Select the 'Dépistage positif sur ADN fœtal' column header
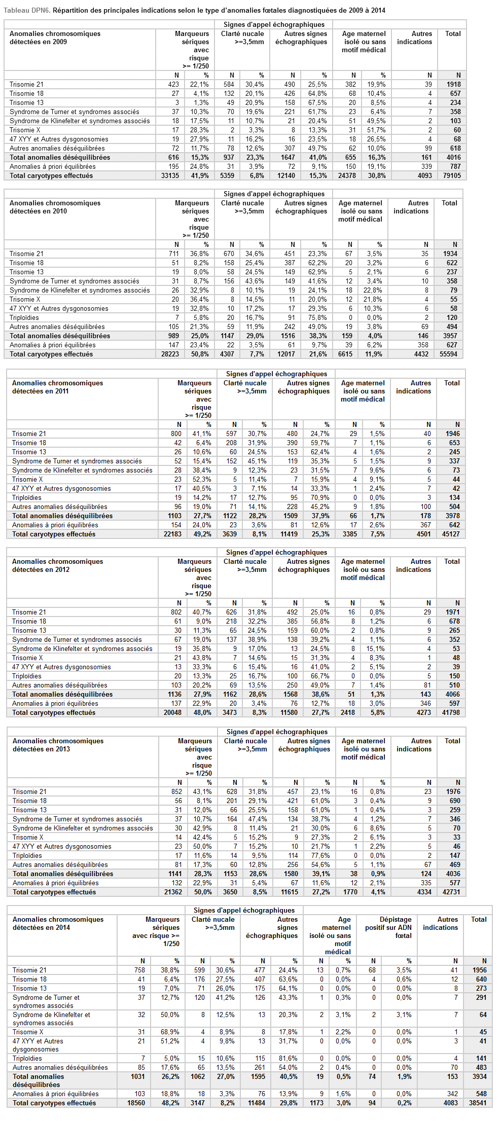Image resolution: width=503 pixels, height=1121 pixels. pos(388,927)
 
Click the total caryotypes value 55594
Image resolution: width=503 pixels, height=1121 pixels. pos(448,354)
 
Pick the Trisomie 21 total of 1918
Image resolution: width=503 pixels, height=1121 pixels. pos(454,85)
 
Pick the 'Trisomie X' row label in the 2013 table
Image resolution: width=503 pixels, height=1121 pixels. pos(28,838)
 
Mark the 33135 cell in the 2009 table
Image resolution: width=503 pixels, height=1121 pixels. pos(170,176)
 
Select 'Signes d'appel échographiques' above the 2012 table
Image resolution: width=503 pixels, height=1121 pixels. pos(276,553)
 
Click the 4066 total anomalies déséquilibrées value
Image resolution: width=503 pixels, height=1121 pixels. pos(452,695)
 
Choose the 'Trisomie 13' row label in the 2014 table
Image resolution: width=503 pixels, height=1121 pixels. pos(29,989)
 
